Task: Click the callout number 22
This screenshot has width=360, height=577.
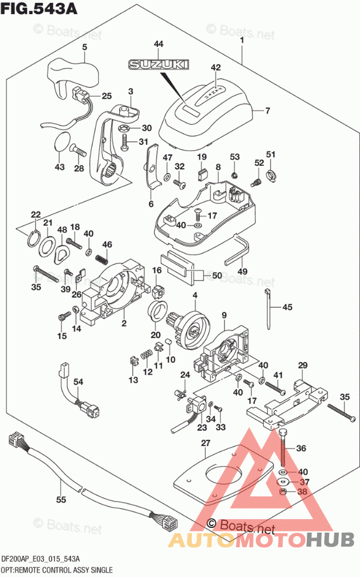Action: (36, 214)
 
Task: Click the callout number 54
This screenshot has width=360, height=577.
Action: (78, 381)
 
